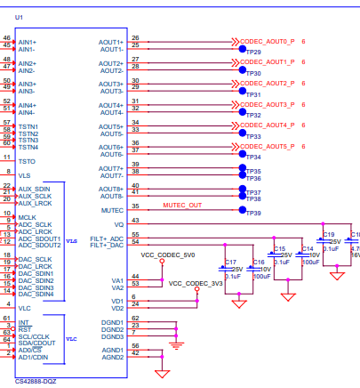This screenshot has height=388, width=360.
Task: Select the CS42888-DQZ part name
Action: pyautogui.click(x=36, y=380)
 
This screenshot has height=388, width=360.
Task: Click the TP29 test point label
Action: pyautogui.click(x=253, y=53)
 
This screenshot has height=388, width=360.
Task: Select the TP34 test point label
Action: pyautogui.click(x=253, y=158)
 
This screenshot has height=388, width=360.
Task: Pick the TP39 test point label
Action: pyautogui.click(x=253, y=214)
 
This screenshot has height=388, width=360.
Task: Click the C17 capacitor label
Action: pyautogui.click(x=230, y=262)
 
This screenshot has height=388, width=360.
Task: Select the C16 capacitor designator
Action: pyautogui.click(x=258, y=262)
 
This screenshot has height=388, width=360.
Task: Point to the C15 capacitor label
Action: pyautogui.click(x=280, y=248)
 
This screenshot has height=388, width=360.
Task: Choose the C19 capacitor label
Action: pyautogui.click(x=328, y=234)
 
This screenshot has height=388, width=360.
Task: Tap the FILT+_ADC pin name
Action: pyautogui.click(x=107, y=238)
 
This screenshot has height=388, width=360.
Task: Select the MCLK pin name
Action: pyautogui.click(x=28, y=217)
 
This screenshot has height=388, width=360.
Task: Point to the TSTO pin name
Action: pyautogui.click(x=27, y=161)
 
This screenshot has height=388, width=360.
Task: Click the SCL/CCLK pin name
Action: pyautogui.click(x=34, y=335)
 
